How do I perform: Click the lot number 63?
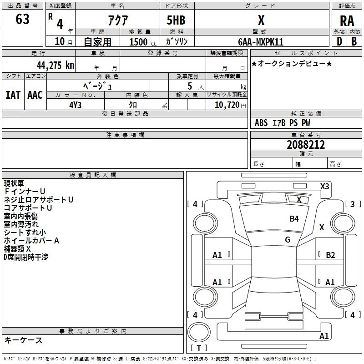(22, 19)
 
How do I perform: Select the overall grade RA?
(347, 21)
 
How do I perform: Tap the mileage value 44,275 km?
(56, 65)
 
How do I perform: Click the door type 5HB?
(176, 20)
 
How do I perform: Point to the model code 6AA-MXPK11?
(261, 42)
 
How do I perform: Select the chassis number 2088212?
(306, 145)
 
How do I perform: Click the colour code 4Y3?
(76, 105)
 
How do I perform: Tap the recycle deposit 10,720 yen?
(230, 105)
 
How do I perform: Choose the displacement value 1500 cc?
(143, 42)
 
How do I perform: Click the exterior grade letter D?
(339, 41)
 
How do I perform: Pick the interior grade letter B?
(354, 41)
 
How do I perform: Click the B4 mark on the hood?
(294, 219)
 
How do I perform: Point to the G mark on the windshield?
(288, 240)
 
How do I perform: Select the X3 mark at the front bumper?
(325, 187)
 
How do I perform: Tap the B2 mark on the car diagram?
(330, 255)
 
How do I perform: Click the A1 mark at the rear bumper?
(324, 336)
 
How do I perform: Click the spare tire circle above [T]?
(199, 332)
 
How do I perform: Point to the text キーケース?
(23, 340)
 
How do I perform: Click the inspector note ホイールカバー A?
(31, 241)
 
